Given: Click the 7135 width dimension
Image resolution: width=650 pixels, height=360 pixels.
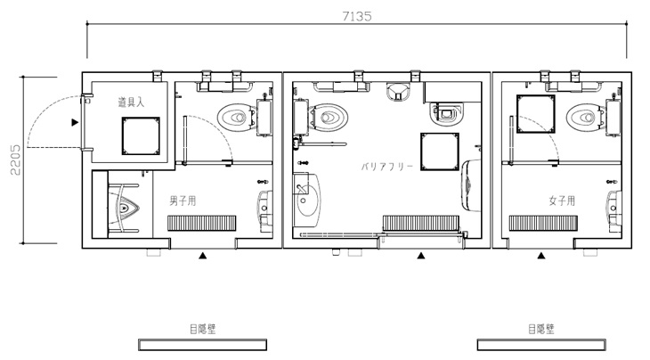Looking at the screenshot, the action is pyautogui.click(x=357, y=16).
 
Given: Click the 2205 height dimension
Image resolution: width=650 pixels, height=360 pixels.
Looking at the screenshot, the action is pyautogui.click(x=15, y=160).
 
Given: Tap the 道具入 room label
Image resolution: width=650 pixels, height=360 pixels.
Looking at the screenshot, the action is pyautogui.click(x=131, y=102).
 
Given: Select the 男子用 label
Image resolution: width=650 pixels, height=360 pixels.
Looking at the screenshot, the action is pyautogui.click(x=183, y=200).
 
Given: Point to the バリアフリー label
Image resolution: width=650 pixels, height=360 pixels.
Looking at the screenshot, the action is pyautogui.click(x=387, y=167).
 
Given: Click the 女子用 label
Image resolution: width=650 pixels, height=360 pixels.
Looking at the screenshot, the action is pyautogui.click(x=562, y=200).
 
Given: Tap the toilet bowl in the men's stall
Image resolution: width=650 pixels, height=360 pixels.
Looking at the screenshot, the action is pyautogui.click(x=236, y=118).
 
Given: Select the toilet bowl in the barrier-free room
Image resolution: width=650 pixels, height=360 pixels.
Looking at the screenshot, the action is pyautogui.click(x=329, y=118).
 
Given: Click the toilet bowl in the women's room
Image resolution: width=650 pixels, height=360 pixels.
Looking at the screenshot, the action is pyautogui.click(x=585, y=118).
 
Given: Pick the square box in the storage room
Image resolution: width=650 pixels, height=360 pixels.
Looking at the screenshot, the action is pyautogui.click(x=141, y=136).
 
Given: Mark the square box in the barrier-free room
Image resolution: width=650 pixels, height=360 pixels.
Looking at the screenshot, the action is pyautogui.click(x=440, y=151).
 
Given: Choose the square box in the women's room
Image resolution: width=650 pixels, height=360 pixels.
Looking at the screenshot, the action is pyautogui.click(x=536, y=114).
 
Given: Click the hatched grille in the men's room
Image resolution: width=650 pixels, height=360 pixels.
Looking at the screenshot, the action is pyautogui.click(x=202, y=223).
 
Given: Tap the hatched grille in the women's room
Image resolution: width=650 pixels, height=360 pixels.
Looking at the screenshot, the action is pyautogui.click(x=543, y=223).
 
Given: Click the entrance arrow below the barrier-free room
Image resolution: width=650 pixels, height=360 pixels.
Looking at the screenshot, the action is pyautogui.click(x=421, y=256).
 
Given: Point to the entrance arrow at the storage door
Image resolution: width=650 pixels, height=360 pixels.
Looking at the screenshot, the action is pyautogui.click(x=75, y=122).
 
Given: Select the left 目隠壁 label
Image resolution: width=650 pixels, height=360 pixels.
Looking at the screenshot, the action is pyautogui.click(x=203, y=330).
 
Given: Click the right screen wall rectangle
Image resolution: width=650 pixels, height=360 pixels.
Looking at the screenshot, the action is pyautogui.click(x=541, y=345).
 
